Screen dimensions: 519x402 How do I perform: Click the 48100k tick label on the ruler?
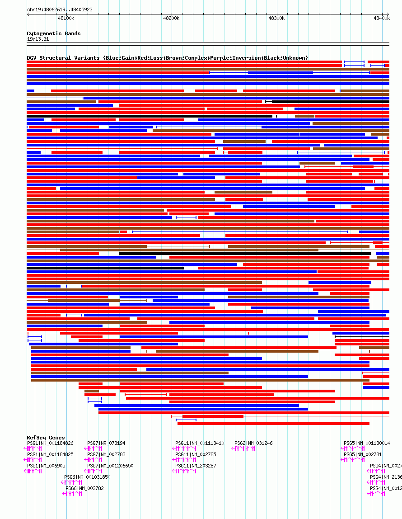[66, 18]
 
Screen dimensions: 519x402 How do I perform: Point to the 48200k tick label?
[171, 18]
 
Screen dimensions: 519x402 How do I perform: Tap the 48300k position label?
[276, 18]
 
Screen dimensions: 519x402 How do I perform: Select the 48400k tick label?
[381, 18]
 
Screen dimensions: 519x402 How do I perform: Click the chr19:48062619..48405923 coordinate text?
[60, 9]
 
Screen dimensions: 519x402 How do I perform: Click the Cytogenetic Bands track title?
[53, 33]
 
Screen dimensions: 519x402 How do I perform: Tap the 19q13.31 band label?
[38, 39]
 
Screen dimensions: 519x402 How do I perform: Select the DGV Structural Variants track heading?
[167, 58]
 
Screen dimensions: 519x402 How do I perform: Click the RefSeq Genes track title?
[46, 438]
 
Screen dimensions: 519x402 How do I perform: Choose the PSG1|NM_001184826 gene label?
[50, 443]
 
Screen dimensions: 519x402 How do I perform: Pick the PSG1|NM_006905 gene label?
[46, 466]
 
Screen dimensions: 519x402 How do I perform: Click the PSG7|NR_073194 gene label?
[106, 443]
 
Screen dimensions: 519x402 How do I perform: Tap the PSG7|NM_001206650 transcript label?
[110, 466]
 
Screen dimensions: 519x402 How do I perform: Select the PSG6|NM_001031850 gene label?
[87, 477]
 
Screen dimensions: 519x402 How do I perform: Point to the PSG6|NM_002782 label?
[84, 488]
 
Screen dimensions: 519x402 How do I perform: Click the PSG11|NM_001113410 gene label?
[200, 443]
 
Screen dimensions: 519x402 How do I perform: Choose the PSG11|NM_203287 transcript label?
[196, 466]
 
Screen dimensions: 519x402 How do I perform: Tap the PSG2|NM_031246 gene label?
[253, 443]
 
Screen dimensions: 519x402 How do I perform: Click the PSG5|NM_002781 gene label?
[363, 454]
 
